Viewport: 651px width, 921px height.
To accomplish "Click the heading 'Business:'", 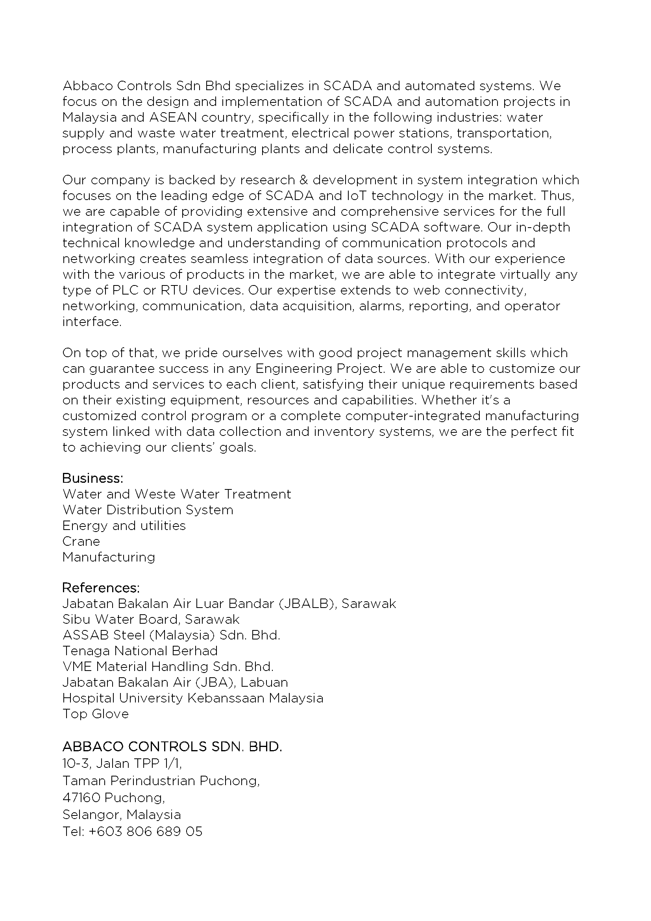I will coord(92,478).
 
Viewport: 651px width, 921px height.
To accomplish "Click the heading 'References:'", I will coord(101,587).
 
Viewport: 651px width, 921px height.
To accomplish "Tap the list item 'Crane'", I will coord(81,541).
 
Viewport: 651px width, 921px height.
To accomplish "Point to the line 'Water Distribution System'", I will coord(148,510).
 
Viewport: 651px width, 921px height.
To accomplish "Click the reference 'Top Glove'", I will coord(95,713).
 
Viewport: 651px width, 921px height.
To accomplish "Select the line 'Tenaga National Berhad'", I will coord(140,650).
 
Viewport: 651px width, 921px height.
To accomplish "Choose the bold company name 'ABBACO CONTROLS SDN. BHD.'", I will coord(172,747).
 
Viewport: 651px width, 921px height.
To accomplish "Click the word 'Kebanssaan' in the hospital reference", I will coord(226,698).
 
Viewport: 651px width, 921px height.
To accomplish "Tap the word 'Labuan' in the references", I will coord(264,682).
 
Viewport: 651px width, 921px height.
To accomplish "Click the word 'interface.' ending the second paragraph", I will coord(92,322).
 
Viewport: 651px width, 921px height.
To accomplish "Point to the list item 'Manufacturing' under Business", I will coord(109,557).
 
